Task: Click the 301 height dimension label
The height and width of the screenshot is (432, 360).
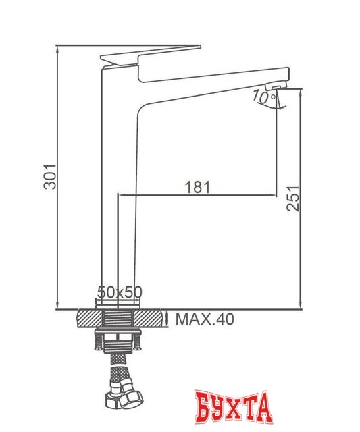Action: (x=47, y=176)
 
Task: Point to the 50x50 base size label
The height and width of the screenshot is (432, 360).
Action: (x=120, y=292)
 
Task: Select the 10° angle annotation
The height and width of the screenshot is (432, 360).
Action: (x=259, y=97)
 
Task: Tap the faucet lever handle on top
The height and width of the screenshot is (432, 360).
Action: (x=149, y=53)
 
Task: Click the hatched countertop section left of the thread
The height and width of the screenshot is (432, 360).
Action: (x=88, y=317)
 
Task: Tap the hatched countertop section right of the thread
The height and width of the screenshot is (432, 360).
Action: (x=152, y=317)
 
